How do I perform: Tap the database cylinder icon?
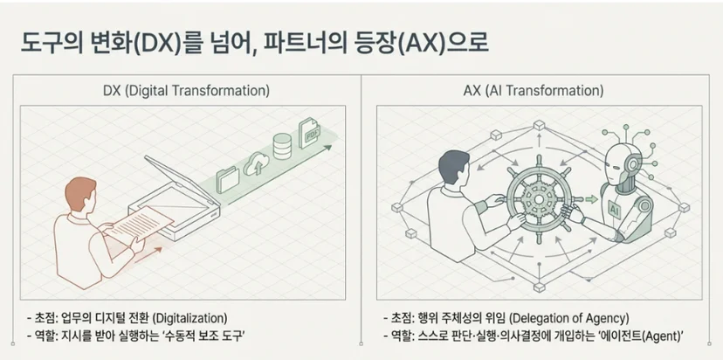point(282,146)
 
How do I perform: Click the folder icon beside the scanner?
point(228,179)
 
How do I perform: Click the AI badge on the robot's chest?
point(615,209)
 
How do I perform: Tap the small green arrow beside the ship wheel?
point(592,199)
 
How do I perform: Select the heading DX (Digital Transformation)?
point(186,91)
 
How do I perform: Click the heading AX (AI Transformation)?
point(534,91)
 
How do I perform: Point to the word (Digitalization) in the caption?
point(189,318)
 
